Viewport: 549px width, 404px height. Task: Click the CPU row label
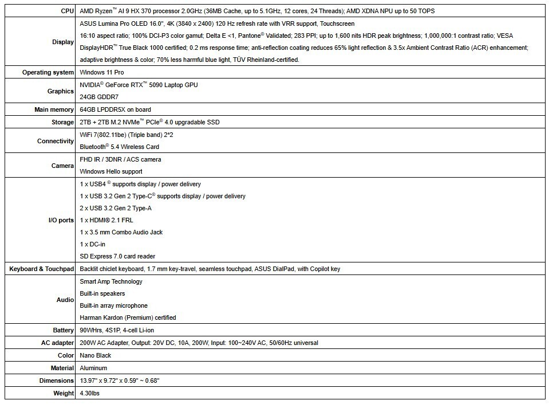coord(67,11)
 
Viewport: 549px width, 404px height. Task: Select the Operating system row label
coord(48,72)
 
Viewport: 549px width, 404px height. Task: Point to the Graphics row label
coord(61,91)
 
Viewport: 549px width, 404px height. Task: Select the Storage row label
coord(62,122)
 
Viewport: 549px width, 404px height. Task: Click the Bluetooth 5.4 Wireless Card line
coord(119,147)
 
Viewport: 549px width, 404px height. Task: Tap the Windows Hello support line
coord(111,171)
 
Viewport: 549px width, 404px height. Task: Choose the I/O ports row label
coord(61,220)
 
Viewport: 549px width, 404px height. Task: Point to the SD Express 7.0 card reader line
coord(117,256)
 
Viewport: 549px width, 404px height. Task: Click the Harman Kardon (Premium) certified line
coord(128,317)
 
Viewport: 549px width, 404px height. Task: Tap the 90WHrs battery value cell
coord(117,330)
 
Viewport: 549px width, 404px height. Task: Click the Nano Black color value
coord(95,355)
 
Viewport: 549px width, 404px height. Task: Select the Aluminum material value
coord(93,368)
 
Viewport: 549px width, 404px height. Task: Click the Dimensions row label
coord(57,381)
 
